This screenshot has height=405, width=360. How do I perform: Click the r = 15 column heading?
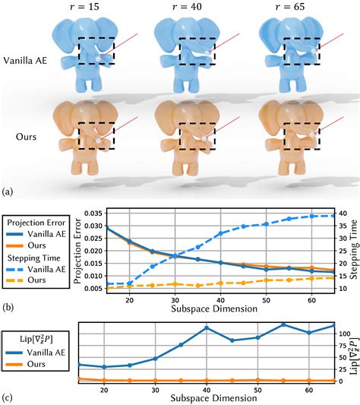click(x=97, y=8)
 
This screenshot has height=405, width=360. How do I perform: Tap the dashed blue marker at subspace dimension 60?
click(x=311, y=217)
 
